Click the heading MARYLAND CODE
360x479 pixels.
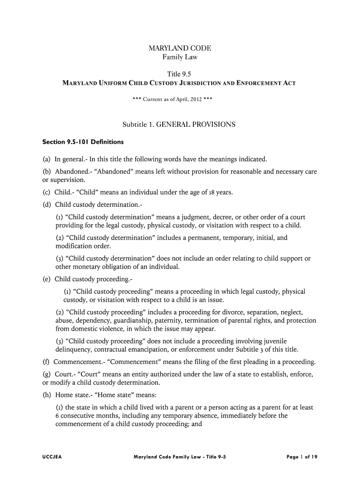(180, 48)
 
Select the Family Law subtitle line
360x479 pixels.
(180, 58)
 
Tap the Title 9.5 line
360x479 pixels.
(180, 74)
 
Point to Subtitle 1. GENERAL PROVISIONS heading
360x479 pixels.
(179, 125)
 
